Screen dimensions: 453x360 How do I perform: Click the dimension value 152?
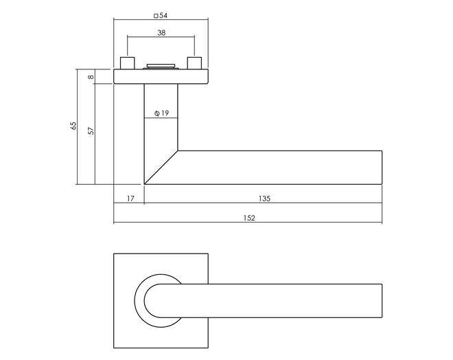tap(249, 218)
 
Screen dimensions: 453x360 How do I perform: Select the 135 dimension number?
tap(264, 199)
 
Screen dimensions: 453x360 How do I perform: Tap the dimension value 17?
tap(130, 199)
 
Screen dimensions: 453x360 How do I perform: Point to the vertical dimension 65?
tap(73, 126)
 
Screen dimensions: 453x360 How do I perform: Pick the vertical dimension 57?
tap(91, 131)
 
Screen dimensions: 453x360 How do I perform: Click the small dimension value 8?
tap(91, 77)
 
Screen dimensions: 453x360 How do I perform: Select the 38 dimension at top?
tap(161, 33)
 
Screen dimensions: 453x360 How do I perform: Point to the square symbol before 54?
tap(156, 16)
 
